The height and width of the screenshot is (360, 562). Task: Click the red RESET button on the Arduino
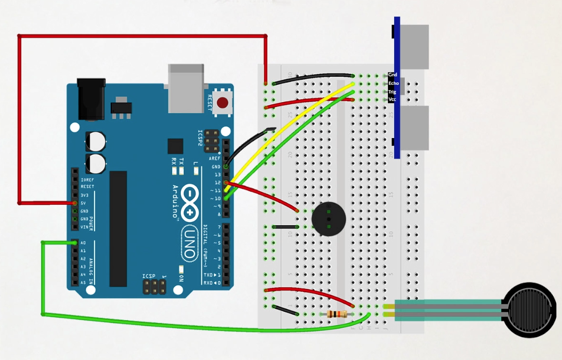222,103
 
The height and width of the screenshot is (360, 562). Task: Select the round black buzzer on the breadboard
328,219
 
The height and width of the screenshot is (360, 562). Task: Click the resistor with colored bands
337,314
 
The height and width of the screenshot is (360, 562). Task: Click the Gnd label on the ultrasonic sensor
393,75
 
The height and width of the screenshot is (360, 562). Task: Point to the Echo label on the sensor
393,83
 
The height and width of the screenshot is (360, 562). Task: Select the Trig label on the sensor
392,92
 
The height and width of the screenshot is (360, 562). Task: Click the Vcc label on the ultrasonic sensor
392,100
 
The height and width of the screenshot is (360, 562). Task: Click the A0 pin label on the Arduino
83,243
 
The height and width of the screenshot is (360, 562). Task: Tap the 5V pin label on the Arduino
84,203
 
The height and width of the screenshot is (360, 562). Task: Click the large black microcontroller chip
118,229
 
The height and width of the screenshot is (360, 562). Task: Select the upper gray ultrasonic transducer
414,47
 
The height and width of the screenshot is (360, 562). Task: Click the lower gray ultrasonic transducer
414,128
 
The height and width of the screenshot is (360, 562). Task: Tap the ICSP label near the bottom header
148,277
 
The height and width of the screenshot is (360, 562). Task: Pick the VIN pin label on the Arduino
84,227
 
